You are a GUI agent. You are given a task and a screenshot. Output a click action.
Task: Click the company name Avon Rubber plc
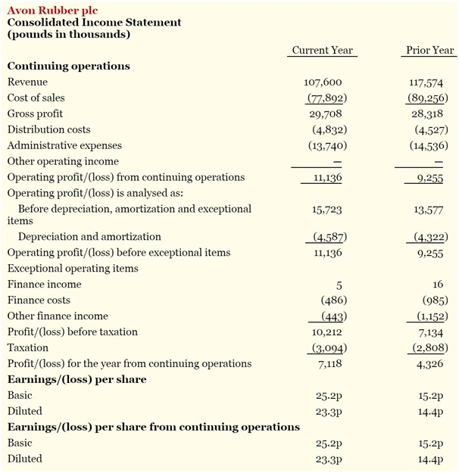pos(47,10)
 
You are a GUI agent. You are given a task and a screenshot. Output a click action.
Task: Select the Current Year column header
pos(322,50)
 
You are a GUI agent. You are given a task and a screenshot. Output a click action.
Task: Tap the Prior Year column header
pos(429,50)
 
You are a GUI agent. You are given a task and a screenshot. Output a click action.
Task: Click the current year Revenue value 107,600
pos(323,82)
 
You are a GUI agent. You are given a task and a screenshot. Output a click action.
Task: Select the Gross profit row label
pos(35,114)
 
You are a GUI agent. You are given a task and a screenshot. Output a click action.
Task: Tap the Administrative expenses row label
pos(64,145)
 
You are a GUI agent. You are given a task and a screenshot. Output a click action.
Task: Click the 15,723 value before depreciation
pos(327,209)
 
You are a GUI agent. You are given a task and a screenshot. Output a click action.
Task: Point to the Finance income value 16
pos(438,285)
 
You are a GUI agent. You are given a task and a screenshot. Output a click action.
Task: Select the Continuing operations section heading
pos(68,66)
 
